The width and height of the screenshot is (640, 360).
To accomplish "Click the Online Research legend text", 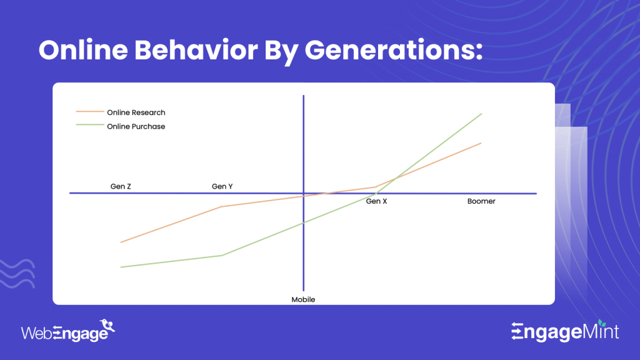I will [x=136, y=112].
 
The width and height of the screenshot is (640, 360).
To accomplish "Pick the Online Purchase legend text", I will [x=136, y=126].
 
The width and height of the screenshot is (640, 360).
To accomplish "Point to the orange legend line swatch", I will [x=89, y=112].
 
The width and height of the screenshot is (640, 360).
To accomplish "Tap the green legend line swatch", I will [x=89, y=126].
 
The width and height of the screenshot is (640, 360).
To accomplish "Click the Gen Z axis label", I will [x=121, y=186].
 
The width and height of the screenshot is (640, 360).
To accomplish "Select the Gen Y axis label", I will [x=222, y=186].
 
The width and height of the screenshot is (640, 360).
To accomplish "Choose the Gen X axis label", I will [x=376, y=201].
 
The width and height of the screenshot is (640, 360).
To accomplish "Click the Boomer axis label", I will [x=481, y=201].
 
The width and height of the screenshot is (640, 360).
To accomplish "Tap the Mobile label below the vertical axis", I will [x=303, y=299].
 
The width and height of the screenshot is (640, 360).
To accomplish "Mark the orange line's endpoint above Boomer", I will [x=481, y=143].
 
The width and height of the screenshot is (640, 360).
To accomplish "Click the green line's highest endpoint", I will [x=482, y=114].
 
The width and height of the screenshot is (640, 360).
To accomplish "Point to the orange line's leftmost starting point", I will [x=121, y=242].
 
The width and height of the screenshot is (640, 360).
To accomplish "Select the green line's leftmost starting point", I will [x=121, y=267].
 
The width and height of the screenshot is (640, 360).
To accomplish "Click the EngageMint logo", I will [x=565, y=331].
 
